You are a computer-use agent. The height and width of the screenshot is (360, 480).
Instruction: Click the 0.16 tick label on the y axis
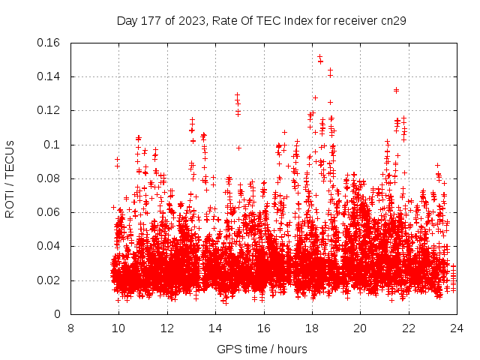(x=50, y=43)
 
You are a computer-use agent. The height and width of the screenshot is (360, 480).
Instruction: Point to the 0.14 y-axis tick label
(x=50, y=76)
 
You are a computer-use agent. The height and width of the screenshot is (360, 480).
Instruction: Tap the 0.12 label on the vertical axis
(x=50, y=110)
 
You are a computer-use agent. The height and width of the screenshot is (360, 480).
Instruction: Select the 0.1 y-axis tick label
(x=53, y=145)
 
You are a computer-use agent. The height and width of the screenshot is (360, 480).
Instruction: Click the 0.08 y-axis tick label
(x=50, y=178)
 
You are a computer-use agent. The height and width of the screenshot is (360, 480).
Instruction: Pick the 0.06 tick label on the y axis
(x=50, y=212)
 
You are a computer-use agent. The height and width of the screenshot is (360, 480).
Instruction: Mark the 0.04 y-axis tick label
(x=50, y=246)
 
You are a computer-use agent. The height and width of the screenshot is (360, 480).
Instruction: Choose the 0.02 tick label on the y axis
(x=50, y=280)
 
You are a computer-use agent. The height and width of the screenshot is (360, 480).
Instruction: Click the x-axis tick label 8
(x=70, y=328)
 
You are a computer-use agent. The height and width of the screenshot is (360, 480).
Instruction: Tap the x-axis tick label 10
(x=118, y=328)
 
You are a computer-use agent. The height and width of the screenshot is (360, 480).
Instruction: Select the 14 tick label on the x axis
(x=215, y=328)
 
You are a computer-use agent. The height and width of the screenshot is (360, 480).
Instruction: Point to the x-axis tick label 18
(x=312, y=328)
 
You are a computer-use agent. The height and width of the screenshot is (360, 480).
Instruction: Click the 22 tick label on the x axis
(x=409, y=328)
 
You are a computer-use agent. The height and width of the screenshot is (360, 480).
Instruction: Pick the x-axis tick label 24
(x=457, y=328)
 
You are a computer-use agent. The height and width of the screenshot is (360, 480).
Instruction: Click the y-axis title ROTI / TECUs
(x=10, y=178)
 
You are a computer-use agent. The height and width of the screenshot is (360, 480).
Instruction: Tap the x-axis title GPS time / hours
(x=263, y=349)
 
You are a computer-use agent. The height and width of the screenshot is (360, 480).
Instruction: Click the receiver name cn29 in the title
(x=394, y=20)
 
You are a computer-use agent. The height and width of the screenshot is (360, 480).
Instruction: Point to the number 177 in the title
(x=151, y=20)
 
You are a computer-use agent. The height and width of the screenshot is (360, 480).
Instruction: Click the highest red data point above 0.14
(x=319, y=55)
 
